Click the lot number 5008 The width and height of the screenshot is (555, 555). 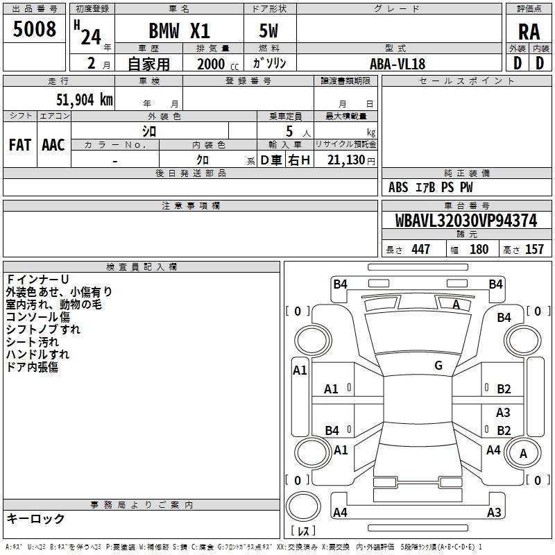[35, 30]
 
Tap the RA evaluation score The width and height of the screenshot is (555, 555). [529, 31]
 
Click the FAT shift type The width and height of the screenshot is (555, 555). [19, 145]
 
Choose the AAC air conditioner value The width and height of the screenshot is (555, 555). [53, 145]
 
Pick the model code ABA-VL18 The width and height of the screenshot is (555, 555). [398, 64]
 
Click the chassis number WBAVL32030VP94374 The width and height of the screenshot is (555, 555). [466, 221]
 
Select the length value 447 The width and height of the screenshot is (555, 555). [420, 250]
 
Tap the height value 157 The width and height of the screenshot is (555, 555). [534, 250]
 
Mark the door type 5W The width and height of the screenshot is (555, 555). [270, 31]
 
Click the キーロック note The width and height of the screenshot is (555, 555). [36, 519]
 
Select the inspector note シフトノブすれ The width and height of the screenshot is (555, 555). [43, 330]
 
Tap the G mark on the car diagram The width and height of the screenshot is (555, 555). [438, 366]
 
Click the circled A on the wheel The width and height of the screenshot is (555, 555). [523, 453]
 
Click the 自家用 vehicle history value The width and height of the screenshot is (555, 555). [148, 64]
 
